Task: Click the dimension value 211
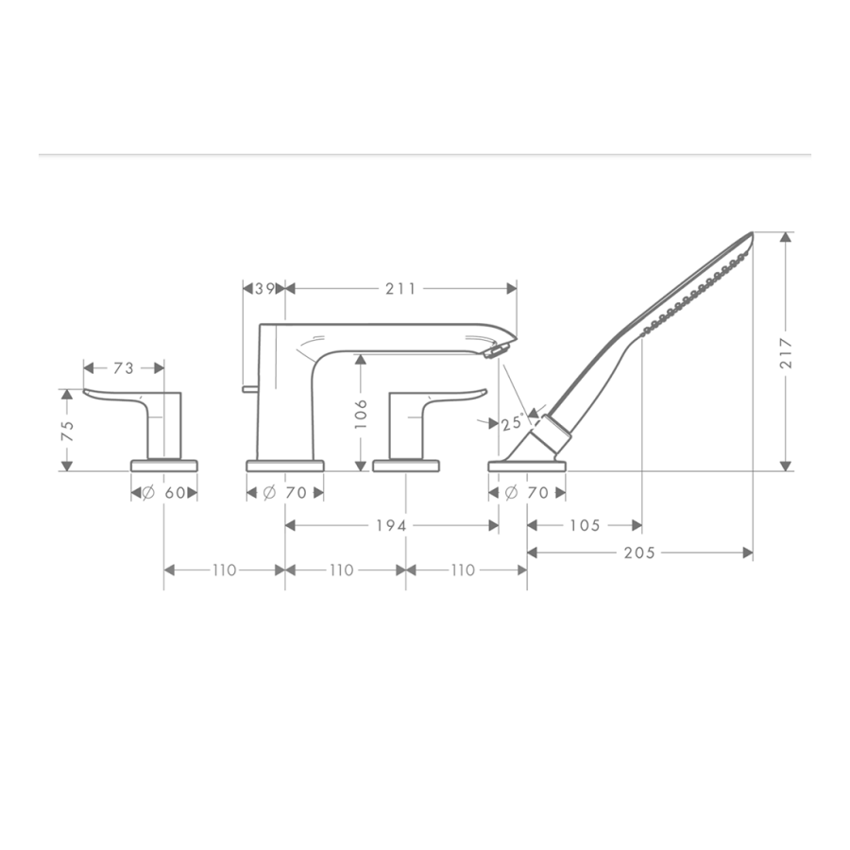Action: pyautogui.click(x=400, y=289)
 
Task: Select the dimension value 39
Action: pyautogui.click(x=265, y=289)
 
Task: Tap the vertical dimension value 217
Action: pyautogui.click(x=786, y=353)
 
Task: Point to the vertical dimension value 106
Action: pyautogui.click(x=361, y=414)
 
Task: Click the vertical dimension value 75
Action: pyautogui.click(x=67, y=431)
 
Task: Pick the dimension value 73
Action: pyautogui.click(x=124, y=368)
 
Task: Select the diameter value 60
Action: pyautogui.click(x=175, y=493)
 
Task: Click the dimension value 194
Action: pyautogui.click(x=391, y=525)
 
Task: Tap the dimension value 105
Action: pyautogui.click(x=586, y=525)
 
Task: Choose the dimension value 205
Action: pyautogui.click(x=639, y=552)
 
